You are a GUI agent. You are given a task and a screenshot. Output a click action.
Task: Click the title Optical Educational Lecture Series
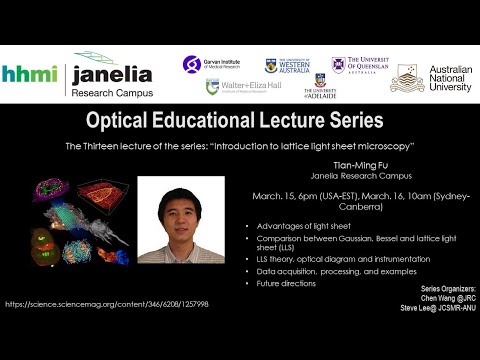tap(239, 121)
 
